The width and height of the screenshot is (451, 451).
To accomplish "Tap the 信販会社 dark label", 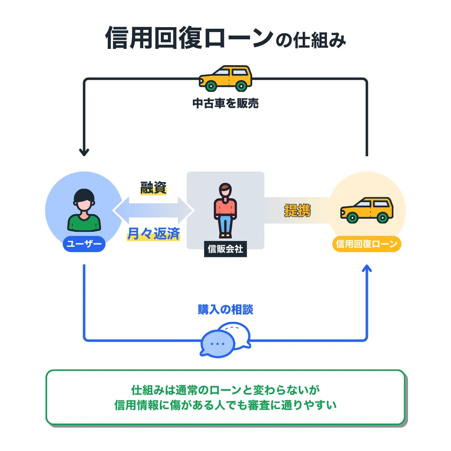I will click(225, 249).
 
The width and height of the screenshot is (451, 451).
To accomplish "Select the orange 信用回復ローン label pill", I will click(366, 244).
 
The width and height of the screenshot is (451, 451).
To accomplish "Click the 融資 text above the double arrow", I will click(153, 188).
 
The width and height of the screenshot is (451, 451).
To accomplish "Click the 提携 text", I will click(297, 210).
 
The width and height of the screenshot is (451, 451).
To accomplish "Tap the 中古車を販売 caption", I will click(225, 104).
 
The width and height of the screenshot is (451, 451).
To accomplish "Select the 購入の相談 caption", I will click(225, 309).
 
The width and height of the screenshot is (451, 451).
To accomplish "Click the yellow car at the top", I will click(225, 78).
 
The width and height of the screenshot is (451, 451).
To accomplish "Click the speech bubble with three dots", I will click(218, 344).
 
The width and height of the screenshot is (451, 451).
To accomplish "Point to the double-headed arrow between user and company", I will click(153, 210).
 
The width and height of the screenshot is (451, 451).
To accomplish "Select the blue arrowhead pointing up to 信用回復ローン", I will click(367, 269).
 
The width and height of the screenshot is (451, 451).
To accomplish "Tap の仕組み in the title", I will click(311, 41).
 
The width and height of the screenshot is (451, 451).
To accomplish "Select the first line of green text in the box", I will click(225, 390).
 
